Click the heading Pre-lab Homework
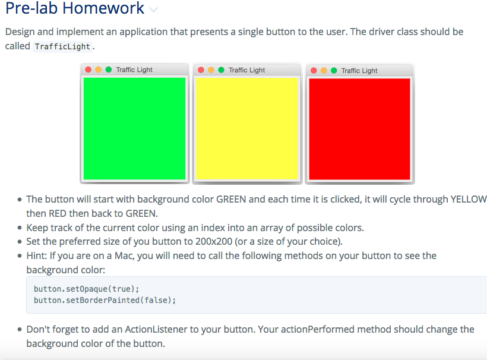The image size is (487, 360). coord(75,9)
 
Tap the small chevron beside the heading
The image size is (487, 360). coord(154,10)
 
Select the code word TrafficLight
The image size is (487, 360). coord(62,46)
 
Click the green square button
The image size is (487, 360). coord(134,128)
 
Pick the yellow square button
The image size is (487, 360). coord(246,128)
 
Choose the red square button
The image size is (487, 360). coord(359,128)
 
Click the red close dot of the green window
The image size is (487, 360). coord(88,70)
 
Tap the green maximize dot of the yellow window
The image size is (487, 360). coord(221,70)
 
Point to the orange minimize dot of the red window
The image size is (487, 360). coord(324,71)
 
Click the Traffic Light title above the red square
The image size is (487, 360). coord(359,71)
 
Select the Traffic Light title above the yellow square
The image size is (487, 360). coord(246,70)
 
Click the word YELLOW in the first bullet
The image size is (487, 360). coord(469,200)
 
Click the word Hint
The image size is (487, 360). coord(37,256)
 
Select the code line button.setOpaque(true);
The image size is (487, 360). coord(86,289)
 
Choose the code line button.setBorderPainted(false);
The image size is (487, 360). coord(105,300)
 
